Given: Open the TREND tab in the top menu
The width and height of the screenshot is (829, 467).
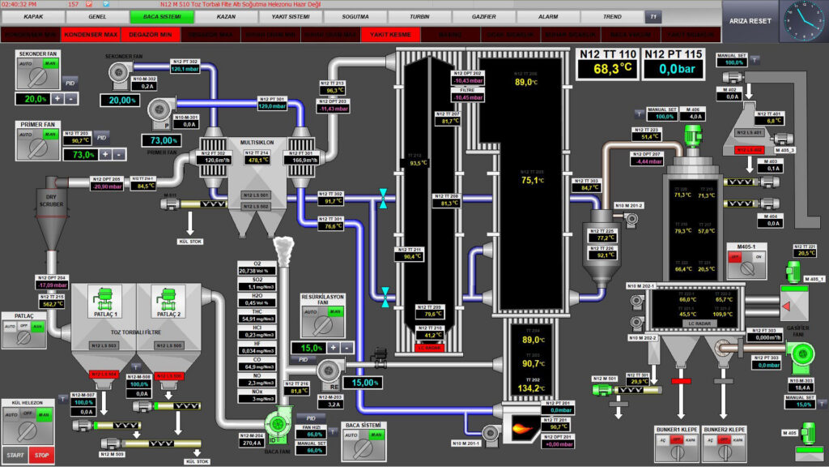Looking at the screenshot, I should pos(612,16).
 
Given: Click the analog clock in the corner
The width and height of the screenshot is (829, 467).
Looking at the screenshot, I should pos(802,21).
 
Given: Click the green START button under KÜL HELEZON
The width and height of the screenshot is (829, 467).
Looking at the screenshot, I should pos(15,455).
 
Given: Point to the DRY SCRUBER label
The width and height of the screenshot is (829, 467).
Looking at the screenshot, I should pos(51,199).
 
